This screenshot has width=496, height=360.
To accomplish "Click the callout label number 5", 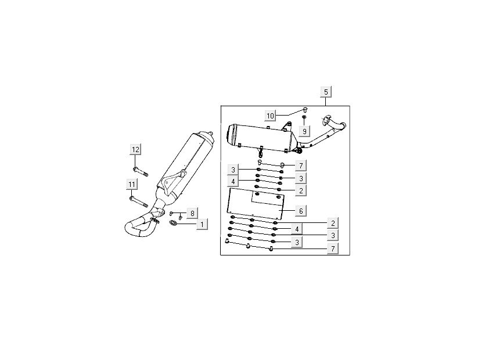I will (326, 92).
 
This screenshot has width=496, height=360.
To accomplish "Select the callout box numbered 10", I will (270, 116).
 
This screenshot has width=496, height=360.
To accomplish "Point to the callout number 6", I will (301, 210).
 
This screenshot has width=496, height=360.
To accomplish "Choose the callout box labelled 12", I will (135, 149).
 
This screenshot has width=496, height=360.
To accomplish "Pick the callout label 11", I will (132, 184).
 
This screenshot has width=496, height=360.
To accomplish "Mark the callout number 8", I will (192, 213).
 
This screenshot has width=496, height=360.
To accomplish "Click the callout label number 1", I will (202, 224).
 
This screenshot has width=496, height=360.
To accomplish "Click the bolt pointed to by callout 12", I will (141, 171).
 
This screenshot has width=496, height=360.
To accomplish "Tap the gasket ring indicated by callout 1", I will (173, 222).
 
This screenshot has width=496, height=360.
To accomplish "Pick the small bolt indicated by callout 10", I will (305, 110).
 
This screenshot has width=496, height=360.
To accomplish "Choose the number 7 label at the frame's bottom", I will (333, 249).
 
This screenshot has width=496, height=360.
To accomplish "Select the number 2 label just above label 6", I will (301, 190).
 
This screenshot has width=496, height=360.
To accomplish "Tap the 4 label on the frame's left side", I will (233, 182).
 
